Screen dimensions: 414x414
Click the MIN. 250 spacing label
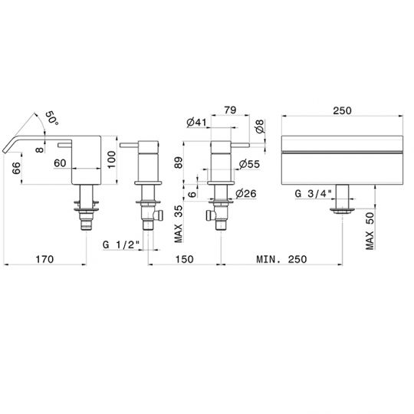[x=281, y=259]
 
